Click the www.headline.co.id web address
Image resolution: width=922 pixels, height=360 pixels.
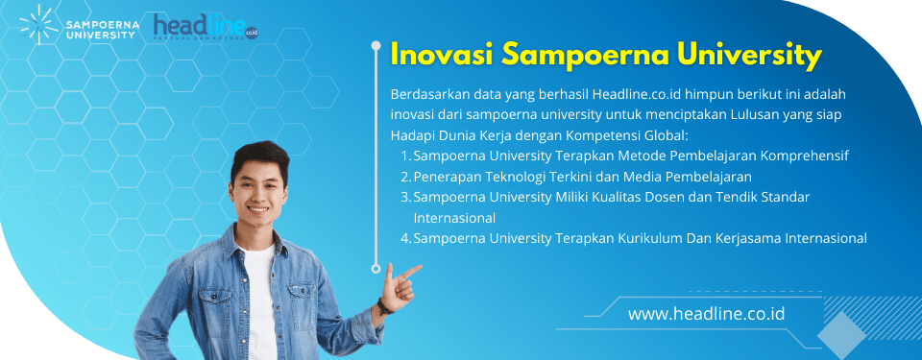pos(707,314)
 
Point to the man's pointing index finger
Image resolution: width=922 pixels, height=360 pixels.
pos(411,270)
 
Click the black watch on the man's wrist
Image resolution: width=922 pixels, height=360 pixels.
pos(385,304)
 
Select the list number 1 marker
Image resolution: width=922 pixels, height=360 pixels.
pos(404,155)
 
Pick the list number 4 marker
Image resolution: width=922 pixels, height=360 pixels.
pos(405,238)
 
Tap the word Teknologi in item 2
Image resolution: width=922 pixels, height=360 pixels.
pos(523,176)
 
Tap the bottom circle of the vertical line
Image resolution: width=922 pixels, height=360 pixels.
pos(376,268)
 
